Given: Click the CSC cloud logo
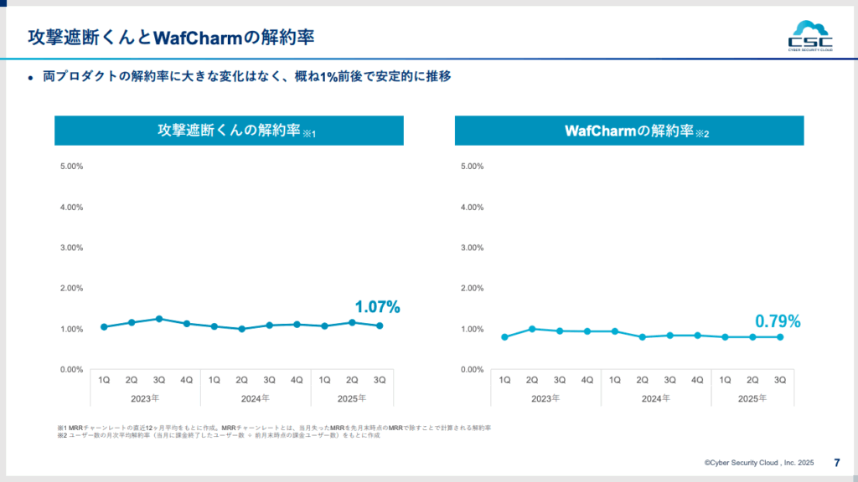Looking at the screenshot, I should coord(809,36).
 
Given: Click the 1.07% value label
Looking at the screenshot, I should coord(377,307).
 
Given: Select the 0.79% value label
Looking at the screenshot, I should coord(778,321).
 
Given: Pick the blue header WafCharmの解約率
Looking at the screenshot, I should coord(629,131).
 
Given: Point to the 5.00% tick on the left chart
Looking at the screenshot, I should coord(71,167).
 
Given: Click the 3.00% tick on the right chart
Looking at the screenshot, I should coord(473,248).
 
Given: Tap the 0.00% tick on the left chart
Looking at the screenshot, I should coord(71,369).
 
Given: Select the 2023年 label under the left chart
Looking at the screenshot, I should coord(145,398).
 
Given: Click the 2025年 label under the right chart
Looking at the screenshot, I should coord(752,398).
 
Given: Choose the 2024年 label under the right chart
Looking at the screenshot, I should coord(656,398).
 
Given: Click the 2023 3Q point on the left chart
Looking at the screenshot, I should coord(159,319).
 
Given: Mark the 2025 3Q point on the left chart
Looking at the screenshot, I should coord(380,326).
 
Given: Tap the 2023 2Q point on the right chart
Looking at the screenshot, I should coord(532,329).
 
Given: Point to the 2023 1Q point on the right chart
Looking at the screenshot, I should coord(504,337).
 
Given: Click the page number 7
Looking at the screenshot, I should coord(837,462).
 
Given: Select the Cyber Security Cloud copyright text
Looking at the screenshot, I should coord(759,462).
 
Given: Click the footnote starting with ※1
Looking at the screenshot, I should coord(273,428).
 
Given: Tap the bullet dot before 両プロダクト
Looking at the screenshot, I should coord(31,78).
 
